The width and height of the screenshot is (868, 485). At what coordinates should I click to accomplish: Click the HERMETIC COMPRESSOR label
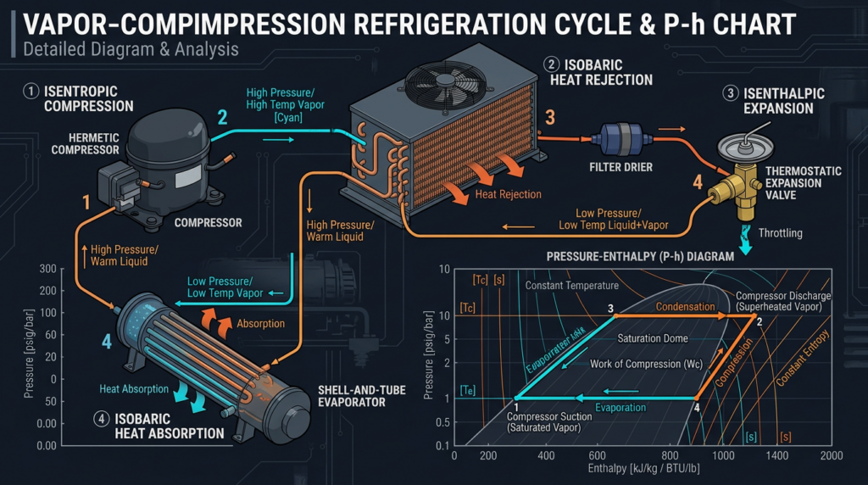click(x=84, y=143)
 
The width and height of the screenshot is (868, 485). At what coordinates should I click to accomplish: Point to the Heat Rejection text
click(x=508, y=194)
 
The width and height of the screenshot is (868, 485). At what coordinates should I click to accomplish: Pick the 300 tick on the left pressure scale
click(x=46, y=270)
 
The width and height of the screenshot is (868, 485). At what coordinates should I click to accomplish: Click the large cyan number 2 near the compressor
click(x=222, y=117)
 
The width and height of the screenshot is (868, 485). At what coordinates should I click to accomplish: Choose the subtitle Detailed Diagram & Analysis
click(x=131, y=49)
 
